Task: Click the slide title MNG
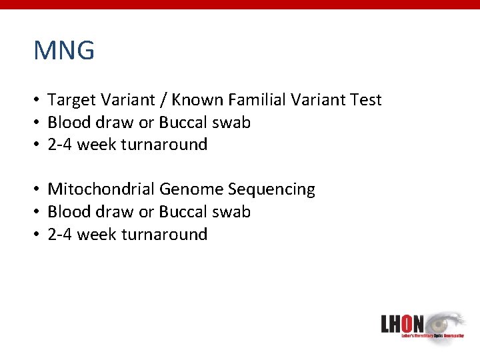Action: (64, 51)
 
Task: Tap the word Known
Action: (198, 101)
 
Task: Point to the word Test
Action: (366, 101)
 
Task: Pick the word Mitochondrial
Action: (101, 190)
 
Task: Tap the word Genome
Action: (192, 190)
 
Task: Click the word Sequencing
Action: (272, 190)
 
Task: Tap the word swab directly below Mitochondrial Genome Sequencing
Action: (232, 212)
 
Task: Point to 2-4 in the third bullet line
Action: (61, 145)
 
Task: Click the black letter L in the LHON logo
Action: (386, 324)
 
